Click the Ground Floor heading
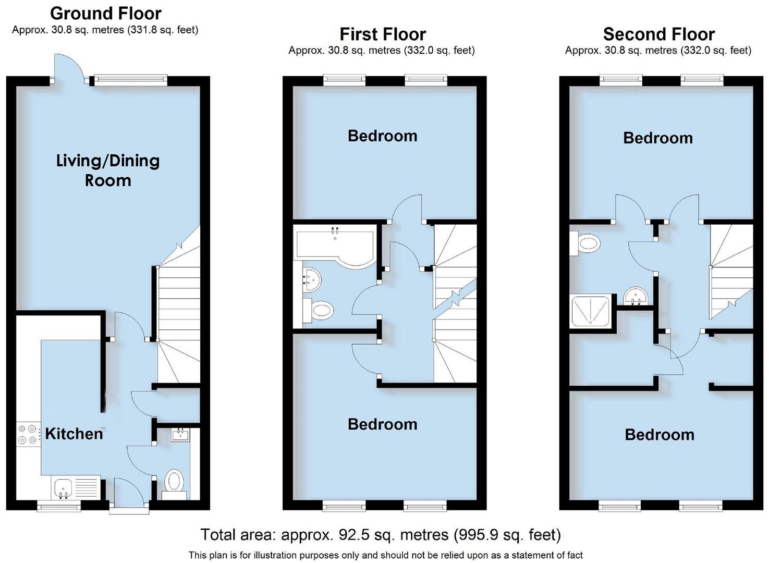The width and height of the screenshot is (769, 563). pos(105,13)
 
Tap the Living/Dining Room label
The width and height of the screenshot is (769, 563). pos(108,170)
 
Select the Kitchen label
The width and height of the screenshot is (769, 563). pos(74,434)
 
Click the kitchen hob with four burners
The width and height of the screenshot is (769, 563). pos(28,435)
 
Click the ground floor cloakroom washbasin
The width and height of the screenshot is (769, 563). pos(180,434)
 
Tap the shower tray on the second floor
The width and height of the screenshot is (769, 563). pos(591,312)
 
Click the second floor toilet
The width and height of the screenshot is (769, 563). pos(586,243)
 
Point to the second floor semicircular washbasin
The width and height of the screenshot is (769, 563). pos(636,297)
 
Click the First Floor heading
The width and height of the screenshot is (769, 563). pos(382,34)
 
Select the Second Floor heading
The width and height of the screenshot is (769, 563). pos(658,34)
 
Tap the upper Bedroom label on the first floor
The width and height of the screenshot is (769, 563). pos(382,136)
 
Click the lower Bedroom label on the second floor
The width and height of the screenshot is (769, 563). pos(660,434)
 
